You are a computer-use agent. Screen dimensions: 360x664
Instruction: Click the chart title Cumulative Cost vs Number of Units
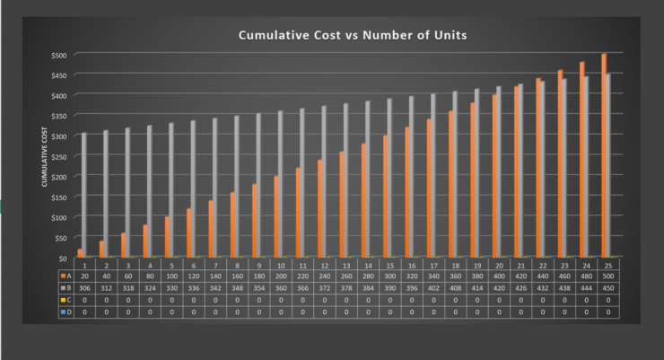(x=352, y=35)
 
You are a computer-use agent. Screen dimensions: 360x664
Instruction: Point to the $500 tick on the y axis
(x=58, y=55)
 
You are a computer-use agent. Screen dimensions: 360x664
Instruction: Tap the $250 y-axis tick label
(x=58, y=156)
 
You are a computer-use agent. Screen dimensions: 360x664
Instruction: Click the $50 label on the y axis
(x=58, y=237)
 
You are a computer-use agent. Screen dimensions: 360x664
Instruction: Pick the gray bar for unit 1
(x=84, y=195)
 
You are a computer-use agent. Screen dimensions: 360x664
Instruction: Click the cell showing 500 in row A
(x=607, y=277)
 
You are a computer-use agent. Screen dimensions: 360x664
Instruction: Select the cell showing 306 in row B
(x=84, y=288)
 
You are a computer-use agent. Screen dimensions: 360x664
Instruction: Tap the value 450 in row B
(x=607, y=288)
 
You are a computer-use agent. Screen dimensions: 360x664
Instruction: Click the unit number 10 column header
(x=281, y=265)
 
